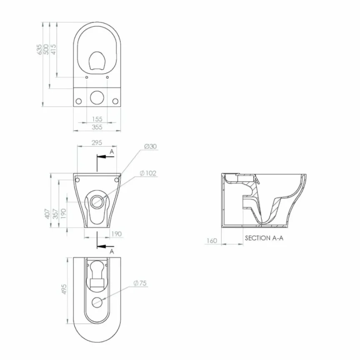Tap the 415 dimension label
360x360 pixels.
coord(53,49)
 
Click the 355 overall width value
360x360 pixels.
coord(97,127)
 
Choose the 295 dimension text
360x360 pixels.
coord(97,142)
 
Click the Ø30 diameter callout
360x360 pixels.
coord(150,146)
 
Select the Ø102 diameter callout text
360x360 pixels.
coord(148,173)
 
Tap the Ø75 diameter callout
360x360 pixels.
coord(140,283)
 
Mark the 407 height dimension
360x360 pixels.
coord(48,213)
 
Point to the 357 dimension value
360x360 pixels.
coord(55,213)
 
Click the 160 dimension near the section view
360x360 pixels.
coord(212,240)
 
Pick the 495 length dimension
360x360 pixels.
coord(64,290)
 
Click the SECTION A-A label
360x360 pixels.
coord(264,238)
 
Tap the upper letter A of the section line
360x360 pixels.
coord(112,152)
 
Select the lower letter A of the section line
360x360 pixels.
coord(112,252)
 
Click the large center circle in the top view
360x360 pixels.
coord(97,97)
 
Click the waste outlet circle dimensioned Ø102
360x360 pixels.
coord(97,201)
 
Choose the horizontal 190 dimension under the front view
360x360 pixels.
coord(117,234)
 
